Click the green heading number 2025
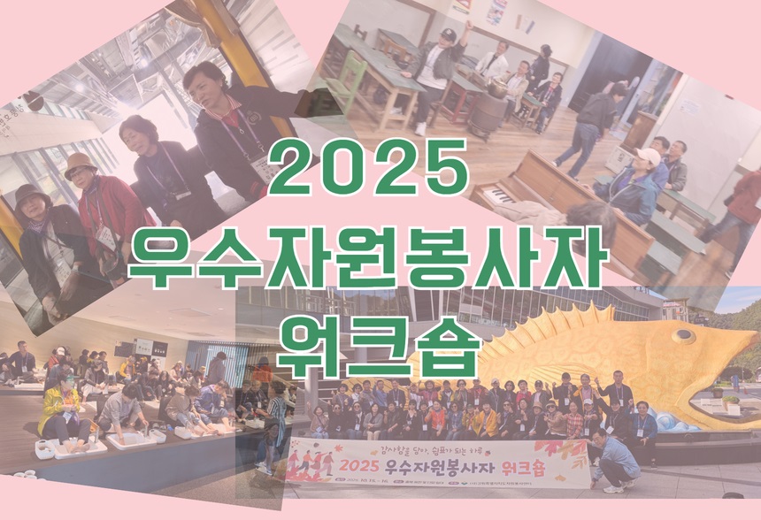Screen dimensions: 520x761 (369, 170)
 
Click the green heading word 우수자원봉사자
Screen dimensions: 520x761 (370, 255)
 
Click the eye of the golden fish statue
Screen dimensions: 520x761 (684, 335)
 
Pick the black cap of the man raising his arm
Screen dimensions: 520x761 (449, 34)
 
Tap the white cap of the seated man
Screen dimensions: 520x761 (648, 157)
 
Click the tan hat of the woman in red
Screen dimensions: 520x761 (80, 163)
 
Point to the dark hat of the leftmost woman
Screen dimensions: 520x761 (32, 193)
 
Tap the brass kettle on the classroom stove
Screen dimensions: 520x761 (497, 89)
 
